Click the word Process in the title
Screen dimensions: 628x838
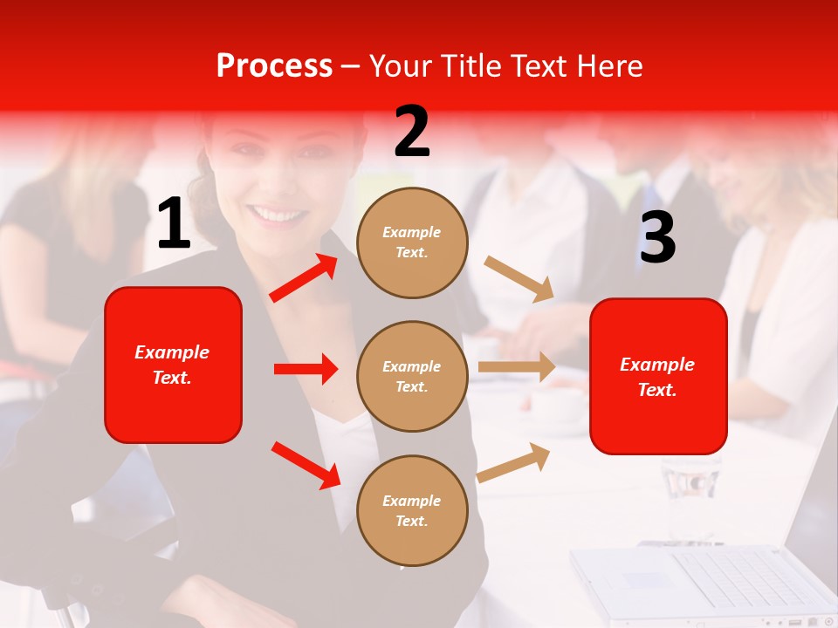[274, 66]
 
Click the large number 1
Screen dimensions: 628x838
[174, 224]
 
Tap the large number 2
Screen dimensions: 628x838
[412, 132]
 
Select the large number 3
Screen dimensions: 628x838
[657, 237]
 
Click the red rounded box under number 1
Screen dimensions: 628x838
[173, 365]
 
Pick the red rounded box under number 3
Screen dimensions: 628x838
[658, 376]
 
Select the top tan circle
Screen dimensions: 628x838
[412, 242]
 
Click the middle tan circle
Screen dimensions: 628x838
[412, 376]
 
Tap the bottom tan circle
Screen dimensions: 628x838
[412, 510]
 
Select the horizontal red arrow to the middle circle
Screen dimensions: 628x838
[306, 369]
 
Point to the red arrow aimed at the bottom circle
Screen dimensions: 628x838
[306, 465]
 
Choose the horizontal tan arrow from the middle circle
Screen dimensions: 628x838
[517, 367]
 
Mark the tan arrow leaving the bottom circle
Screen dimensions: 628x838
[514, 462]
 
